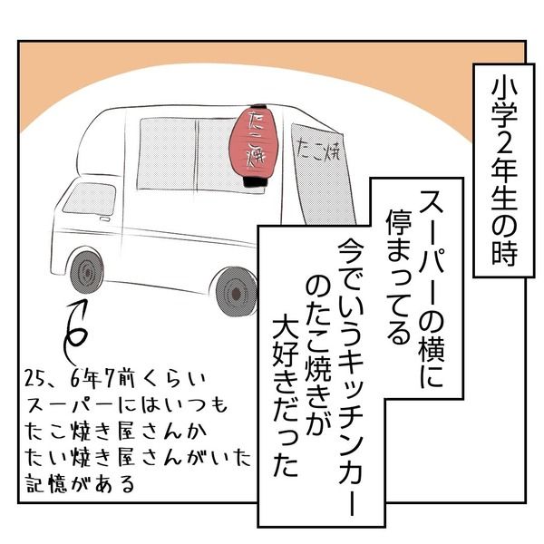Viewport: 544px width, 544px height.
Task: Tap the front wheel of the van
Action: [x=87, y=271]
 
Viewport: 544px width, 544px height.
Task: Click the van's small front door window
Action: [x=90, y=198]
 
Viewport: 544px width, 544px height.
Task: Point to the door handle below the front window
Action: [x=104, y=219]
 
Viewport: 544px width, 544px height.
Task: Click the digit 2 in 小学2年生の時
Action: [x=504, y=145]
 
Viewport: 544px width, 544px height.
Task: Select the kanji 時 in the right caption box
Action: [x=504, y=253]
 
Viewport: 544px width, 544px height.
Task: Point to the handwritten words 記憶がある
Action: [x=80, y=483]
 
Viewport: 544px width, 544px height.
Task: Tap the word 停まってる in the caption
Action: [x=399, y=277]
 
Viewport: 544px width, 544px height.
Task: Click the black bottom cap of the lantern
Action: [x=253, y=182]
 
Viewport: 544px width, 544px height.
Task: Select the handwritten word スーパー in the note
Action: [x=70, y=405]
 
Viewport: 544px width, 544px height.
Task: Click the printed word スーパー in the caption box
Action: [x=432, y=244]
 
